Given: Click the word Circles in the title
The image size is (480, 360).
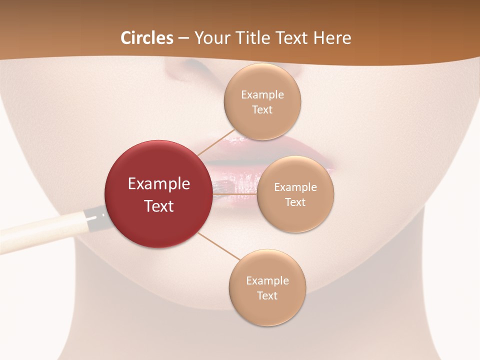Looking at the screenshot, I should [147, 38].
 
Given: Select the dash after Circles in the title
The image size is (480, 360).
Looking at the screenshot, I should [183, 38].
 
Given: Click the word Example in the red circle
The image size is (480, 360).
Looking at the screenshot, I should [159, 184].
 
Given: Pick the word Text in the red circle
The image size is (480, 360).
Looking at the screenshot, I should [159, 206].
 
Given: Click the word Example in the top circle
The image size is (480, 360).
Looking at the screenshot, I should [262, 95].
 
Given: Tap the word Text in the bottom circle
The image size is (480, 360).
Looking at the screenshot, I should [267, 295].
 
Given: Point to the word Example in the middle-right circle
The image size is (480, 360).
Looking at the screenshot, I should [295, 187].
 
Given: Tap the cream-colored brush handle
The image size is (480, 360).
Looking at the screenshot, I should [40, 230].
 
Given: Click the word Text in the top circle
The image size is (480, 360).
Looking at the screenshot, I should [262, 110].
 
